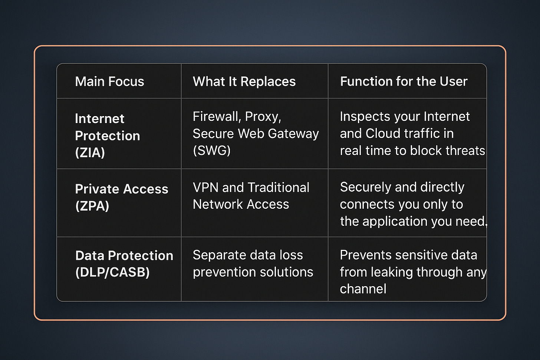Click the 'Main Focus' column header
click(x=109, y=82)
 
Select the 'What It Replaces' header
click(x=244, y=82)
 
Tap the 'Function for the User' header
click(x=404, y=82)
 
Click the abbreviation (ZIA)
click(x=90, y=153)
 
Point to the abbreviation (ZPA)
click(x=92, y=206)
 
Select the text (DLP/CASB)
click(x=112, y=273)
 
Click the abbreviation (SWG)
click(x=212, y=150)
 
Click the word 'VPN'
click(x=205, y=188)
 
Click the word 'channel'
click(x=363, y=289)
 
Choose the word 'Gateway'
click(x=297, y=133)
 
